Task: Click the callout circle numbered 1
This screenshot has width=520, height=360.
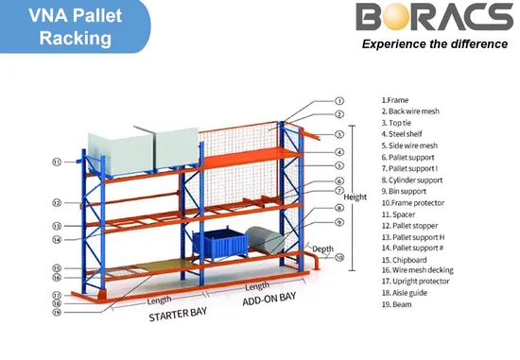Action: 338,101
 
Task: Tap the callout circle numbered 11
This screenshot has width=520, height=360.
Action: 57,163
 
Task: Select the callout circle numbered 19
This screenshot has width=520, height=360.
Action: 57,312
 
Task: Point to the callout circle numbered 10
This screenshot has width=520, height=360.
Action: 338,257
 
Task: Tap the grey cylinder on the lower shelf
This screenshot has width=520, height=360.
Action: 265,240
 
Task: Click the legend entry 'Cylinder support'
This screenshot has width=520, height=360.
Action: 412,180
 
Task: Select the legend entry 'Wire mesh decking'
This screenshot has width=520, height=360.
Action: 417,270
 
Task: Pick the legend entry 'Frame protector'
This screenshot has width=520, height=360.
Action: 413,203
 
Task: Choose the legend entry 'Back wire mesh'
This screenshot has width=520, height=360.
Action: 410,111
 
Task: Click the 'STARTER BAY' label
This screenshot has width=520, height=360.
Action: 178,315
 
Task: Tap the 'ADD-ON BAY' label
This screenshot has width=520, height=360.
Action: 269,299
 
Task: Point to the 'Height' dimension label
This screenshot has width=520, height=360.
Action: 355,197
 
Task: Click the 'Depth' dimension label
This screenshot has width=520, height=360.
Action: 322,249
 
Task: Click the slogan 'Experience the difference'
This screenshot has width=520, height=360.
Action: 435,44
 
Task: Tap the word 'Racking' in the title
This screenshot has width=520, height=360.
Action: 76,38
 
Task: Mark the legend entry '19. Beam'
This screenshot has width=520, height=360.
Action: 397,304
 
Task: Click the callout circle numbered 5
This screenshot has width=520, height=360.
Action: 338,165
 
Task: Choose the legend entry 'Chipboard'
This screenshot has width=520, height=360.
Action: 405,260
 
